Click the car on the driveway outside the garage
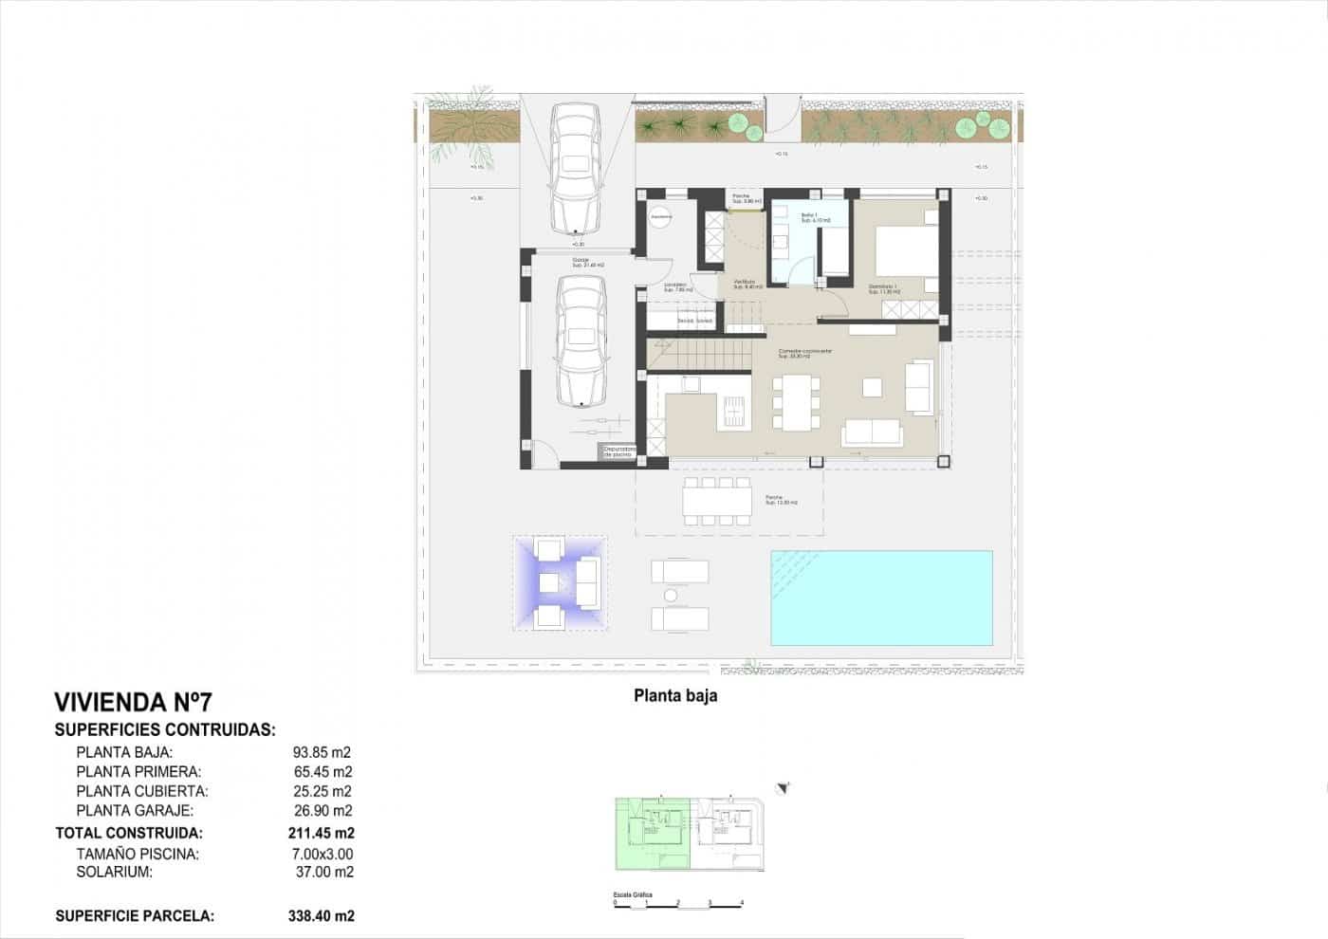(575, 168)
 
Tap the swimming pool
(881, 598)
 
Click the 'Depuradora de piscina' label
(617, 452)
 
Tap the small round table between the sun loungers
(671, 596)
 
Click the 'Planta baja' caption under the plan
(675, 695)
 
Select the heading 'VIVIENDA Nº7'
(133, 702)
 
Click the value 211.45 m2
(321, 833)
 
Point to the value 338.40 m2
(321, 915)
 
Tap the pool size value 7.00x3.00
(323, 854)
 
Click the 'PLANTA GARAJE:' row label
(135, 810)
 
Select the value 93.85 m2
(323, 752)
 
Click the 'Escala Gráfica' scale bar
(677, 901)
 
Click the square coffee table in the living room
(872, 386)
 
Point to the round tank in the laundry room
(661, 217)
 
